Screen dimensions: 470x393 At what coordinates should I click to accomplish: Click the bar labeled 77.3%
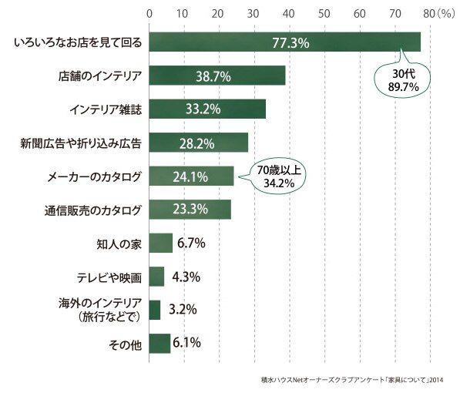pos(285,42)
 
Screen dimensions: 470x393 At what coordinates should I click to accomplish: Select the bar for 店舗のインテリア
pos(217,76)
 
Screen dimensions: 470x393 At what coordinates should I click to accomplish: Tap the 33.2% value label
pos(203,109)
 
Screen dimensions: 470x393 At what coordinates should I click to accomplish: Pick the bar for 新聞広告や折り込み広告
pos(199,143)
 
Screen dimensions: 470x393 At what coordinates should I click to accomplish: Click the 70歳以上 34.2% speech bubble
pos(278,176)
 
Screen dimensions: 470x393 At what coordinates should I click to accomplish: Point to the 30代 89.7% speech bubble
pos(402,79)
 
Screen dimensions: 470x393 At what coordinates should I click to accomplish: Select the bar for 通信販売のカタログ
pos(190,210)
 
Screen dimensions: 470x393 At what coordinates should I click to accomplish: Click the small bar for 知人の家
pos(161,243)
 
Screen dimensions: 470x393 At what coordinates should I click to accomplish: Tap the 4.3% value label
pos(186,277)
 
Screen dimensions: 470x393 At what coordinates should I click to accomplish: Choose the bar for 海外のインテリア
pos(155,310)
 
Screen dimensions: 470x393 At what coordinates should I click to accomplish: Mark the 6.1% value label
pos(186,342)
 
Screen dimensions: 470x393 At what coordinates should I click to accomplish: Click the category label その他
pos(125,345)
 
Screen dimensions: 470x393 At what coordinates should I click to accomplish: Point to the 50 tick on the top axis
pos(324,14)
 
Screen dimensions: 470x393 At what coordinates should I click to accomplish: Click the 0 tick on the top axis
pos(149,14)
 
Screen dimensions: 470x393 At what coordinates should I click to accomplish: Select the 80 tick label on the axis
pos(429,14)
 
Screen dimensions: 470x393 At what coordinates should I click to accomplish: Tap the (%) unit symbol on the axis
pos(445,14)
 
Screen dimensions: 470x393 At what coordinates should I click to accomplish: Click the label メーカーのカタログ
pos(94,176)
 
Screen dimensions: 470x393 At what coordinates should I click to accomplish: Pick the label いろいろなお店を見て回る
pos(78,42)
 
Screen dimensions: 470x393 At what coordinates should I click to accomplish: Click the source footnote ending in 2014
pos(352,380)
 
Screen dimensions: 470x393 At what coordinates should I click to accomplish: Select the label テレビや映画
pos(109,277)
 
